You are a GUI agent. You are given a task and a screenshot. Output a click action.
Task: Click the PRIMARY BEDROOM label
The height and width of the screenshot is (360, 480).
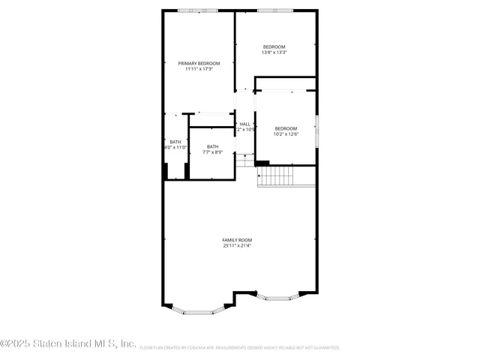(199, 63)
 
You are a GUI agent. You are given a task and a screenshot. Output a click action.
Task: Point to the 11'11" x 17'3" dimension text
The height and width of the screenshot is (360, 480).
(199, 69)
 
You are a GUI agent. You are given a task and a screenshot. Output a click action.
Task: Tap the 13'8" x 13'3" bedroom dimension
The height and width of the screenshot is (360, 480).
(274, 52)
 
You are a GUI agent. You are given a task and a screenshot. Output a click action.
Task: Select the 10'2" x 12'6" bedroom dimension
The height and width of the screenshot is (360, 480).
(286, 134)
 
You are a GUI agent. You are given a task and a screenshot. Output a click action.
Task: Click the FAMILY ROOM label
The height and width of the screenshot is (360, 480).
(236, 240)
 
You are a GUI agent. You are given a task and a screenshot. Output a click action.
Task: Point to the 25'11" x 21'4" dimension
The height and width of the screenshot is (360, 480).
(236, 246)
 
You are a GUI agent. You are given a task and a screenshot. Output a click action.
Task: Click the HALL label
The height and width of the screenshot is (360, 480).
(244, 124)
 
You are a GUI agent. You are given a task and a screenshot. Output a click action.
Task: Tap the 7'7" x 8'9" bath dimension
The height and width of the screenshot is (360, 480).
(213, 152)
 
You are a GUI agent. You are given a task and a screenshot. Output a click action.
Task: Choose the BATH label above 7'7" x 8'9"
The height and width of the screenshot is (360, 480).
(213, 146)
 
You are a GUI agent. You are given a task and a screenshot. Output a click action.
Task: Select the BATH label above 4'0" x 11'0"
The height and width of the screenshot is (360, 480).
(175, 142)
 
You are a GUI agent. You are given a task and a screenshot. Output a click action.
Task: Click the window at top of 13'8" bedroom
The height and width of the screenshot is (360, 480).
(274, 10)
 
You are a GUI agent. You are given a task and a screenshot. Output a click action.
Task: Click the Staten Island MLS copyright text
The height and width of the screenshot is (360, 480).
(68, 344)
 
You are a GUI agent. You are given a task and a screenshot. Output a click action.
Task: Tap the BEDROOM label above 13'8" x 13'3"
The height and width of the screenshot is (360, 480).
(274, 46)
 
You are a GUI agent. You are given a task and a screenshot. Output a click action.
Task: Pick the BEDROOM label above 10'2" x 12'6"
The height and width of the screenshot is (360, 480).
(286, 128)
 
